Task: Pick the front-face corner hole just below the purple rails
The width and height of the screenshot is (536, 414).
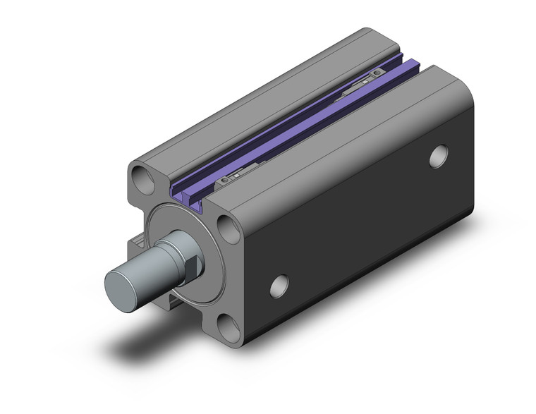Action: (x=227, y=229)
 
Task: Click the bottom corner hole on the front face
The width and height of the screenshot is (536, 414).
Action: (x=227, y=325)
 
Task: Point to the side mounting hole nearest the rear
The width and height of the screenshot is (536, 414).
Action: (x=438, y=155)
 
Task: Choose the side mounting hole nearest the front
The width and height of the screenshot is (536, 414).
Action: (x=280, y=285)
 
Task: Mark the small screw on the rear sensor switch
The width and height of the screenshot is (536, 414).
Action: (x=379, y=73)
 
